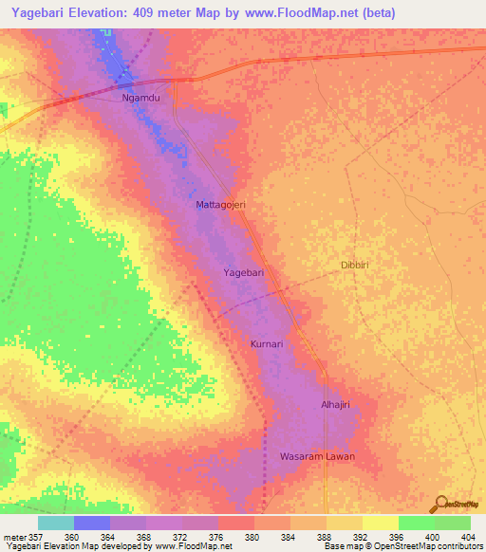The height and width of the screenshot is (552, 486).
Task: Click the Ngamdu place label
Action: (141, 98)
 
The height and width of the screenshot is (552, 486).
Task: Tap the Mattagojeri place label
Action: (221, 205)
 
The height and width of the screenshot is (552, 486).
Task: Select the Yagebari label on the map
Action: (243, 272)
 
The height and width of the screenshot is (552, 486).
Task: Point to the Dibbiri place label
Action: (359, 266)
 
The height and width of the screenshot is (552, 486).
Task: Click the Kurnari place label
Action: (268, 343)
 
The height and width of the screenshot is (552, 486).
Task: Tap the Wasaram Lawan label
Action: (317, 456)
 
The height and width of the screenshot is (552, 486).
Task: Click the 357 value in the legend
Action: (33, 536)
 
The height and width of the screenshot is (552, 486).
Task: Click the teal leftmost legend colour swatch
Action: (56, 523)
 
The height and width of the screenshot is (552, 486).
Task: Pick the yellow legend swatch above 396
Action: (380, 523)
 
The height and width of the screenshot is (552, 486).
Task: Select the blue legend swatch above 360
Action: (92, 523)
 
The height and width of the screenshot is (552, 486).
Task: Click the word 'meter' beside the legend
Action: (12, 536)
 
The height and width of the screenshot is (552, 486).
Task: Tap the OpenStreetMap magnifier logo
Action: (440, 504)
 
